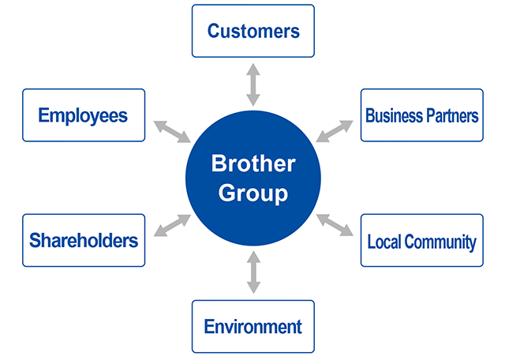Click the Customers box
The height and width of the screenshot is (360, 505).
[x=252, y=31]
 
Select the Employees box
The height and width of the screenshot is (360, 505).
[x=84, y=115]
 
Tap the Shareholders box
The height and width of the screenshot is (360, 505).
[x=84, y=240]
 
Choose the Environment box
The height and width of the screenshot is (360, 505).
[x=252, y=326]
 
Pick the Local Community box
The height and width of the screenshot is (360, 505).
[x=421, y=240]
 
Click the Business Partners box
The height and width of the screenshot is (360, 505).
[x=421, y=115]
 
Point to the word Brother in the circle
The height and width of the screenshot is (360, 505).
[x=252, y=164]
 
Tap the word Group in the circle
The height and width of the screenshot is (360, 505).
[x=252, y=193]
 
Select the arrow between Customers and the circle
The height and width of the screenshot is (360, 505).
[x=252, y=86]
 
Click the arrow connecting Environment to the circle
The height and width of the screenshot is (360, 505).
[x=252, y=272]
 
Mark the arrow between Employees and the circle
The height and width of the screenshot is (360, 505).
[x=171, y=131]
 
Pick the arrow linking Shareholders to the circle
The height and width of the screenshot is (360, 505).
[x=171, y=225]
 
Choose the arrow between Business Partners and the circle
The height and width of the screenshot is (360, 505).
[x=335, y=131]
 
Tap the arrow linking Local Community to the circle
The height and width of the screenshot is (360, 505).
[x=335, y=225]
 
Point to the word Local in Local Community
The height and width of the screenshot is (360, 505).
[x=384, y=241]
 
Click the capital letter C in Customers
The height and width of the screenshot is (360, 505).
[x=214, y=32]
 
